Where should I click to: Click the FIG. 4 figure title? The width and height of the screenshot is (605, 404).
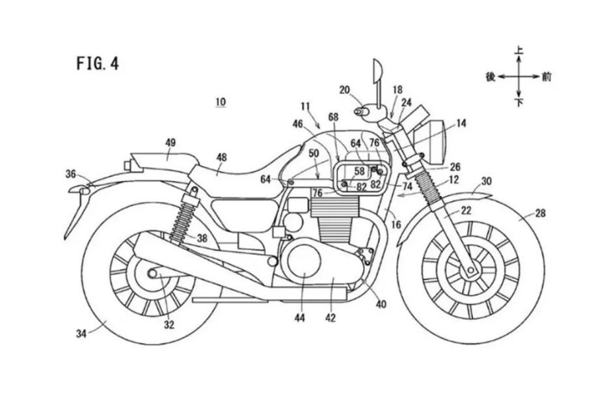98,63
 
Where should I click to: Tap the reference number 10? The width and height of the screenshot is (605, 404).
221,102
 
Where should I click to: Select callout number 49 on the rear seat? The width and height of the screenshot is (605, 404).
170,143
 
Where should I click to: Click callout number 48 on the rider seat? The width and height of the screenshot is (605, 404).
221,158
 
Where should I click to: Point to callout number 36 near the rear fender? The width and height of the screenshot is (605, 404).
71,175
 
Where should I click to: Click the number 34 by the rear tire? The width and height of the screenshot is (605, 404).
81,333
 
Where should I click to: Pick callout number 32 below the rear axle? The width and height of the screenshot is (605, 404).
169,325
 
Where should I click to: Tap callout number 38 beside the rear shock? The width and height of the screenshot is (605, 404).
202,238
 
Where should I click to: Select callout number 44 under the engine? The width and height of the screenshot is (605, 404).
300,318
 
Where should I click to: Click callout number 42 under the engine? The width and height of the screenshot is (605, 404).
330,318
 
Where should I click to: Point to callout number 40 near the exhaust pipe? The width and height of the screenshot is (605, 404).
381,304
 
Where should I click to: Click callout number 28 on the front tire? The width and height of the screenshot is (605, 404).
541,213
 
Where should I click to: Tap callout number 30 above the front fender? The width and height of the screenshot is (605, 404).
487,181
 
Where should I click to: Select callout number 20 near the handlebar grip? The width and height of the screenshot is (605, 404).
345,90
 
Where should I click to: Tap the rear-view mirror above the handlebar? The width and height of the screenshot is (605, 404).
377,72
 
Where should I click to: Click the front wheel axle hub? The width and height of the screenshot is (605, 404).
471,270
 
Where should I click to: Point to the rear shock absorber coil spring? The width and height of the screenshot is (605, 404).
182,223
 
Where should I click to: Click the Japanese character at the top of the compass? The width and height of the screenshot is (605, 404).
519,50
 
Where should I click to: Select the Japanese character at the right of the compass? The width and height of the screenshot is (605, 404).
546,77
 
